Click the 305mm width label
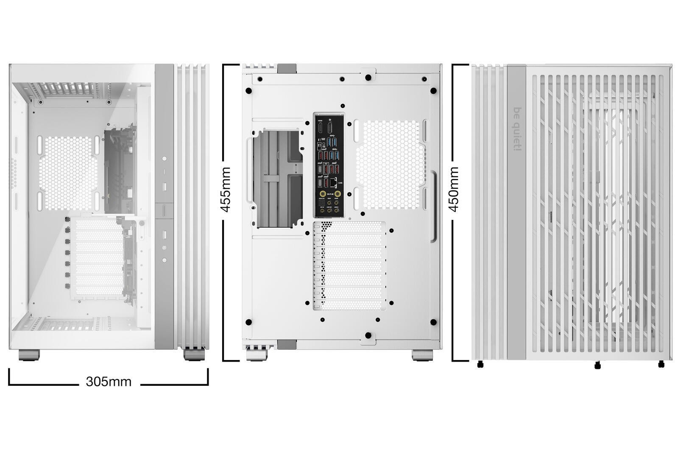click(109, 382)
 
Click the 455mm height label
click(226, 190)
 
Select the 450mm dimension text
click(454, 189)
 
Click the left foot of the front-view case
click(29, 355)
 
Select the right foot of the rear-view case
click(422, 355)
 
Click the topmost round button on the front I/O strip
click(164, 159)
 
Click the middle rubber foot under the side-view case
click(597, 365)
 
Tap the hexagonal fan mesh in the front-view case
click(68, 173)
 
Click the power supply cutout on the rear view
click(278, 178)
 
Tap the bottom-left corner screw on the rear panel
click(248, 322)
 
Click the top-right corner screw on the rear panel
click(433, 91)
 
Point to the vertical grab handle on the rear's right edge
click(434, 206)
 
